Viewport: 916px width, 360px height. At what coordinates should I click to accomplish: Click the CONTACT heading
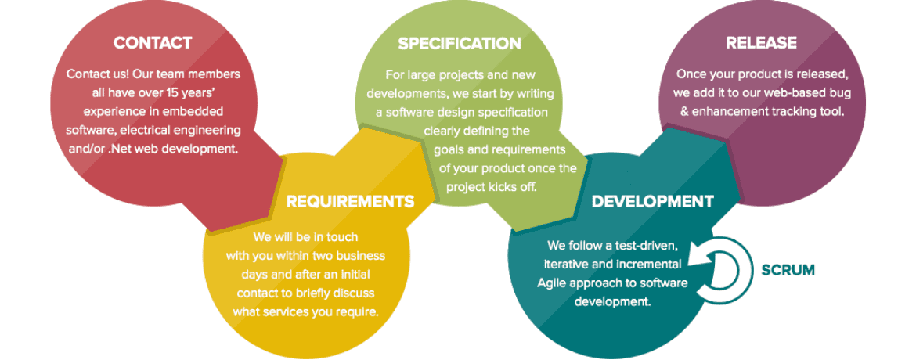pos(153,43)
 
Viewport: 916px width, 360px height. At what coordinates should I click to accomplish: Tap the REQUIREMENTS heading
pos(350,202)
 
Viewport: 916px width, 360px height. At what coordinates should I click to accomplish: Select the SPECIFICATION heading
pos(460,44)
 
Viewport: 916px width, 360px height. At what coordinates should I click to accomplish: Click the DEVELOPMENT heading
pos(652,202)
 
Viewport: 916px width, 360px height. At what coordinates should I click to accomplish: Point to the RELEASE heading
pos(761,43)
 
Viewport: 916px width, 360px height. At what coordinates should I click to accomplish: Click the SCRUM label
pos(788,270)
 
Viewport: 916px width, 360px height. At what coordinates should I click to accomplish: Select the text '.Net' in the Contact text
pos(117,148)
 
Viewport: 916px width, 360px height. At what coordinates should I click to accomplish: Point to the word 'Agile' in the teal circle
pos(554,283)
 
